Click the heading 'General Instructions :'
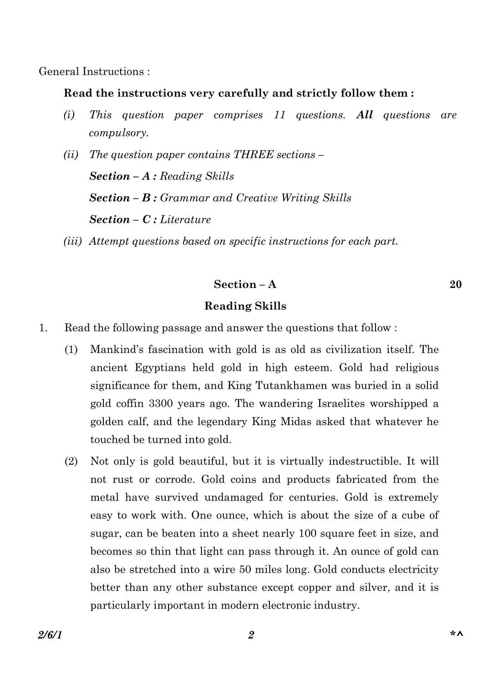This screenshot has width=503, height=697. tap(94, 72)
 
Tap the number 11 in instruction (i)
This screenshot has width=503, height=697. tap(279, 115)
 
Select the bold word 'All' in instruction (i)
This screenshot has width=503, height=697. tap(364, 115)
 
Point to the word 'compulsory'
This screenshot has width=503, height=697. tap(118, 133)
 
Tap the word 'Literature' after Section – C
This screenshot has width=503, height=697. tap(185, 220)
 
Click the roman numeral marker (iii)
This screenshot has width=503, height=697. tap(72, 241)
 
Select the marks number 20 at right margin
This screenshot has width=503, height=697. tap(455, 284)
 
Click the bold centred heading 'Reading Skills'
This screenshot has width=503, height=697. tap(245, 306)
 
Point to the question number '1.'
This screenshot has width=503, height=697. tap(43, 328)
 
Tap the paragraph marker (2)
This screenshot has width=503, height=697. tap(71, 461)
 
